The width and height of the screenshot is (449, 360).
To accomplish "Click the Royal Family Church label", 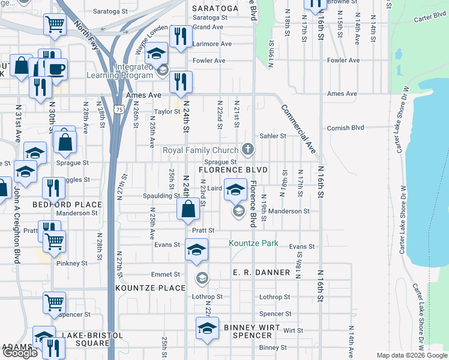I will [x=201, y=149].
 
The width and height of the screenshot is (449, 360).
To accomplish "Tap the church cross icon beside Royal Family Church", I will [x=247, y=149].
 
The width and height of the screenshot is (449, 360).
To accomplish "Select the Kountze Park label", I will [x=253, y=243].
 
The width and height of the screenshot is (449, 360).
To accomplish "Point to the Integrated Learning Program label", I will [x=119, y=71].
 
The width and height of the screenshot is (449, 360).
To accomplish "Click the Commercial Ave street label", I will [x=298, y=128].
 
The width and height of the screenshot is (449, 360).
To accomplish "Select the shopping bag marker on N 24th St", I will [x=188, y=208].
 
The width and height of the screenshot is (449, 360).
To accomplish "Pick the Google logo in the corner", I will [x=20, y=353].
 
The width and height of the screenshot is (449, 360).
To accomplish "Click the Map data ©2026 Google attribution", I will [x=411, y=355].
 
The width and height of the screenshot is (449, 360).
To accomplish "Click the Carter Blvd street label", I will [x=428, y=17].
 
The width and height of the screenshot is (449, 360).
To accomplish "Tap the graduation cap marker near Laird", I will [x=236, y=190].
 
